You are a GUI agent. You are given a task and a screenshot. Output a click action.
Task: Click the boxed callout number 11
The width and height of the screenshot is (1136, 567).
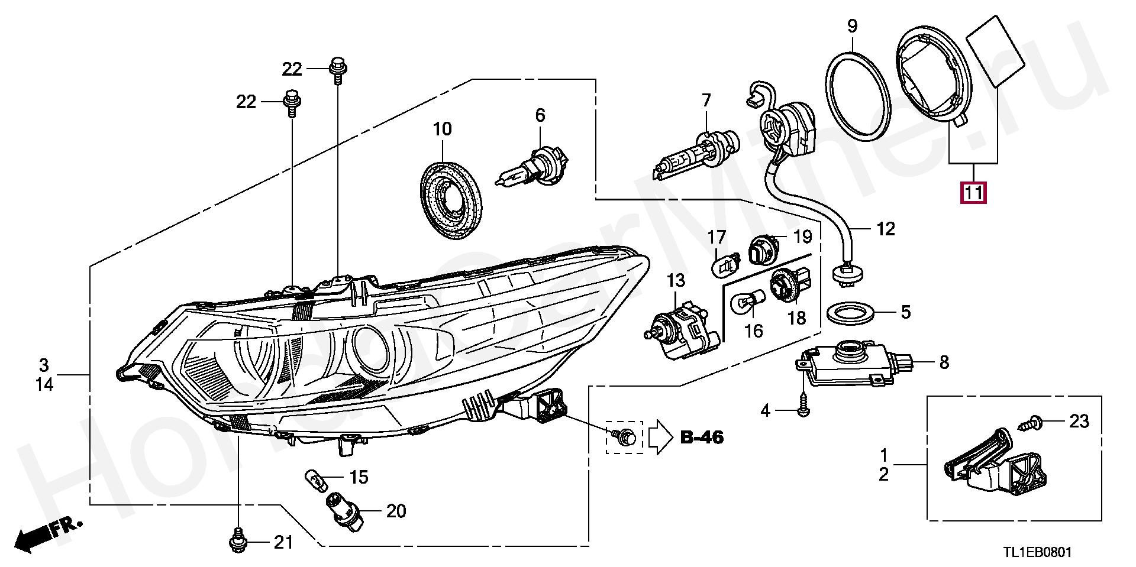point(974,193)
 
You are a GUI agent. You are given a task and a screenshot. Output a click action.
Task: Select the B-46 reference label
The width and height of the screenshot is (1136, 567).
point(702,438)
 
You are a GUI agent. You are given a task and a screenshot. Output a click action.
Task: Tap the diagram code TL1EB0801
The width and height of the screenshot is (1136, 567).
point(1037,553)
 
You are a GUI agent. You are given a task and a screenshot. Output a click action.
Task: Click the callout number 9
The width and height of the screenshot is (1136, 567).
point(852,26)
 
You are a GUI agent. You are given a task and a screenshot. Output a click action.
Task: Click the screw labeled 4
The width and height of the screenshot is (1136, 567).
point(803,410)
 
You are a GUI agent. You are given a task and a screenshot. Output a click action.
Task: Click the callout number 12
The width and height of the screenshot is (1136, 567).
point(885,229)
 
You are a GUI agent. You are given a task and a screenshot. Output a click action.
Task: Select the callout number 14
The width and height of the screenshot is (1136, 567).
point(44,385)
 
